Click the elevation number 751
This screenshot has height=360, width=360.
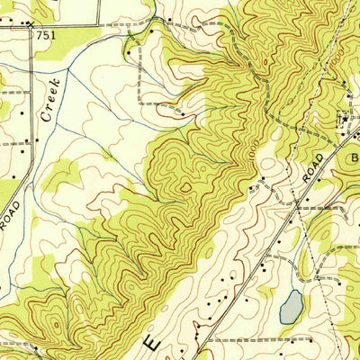click(46, 34)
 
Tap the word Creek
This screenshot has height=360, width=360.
click(51, 101)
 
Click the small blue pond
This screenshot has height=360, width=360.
click(291, 308)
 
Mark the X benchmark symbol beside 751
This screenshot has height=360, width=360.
click(32, 28)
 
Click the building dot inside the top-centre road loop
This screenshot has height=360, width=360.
click(152, 31)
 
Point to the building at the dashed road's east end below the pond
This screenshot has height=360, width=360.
click(313, 341)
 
